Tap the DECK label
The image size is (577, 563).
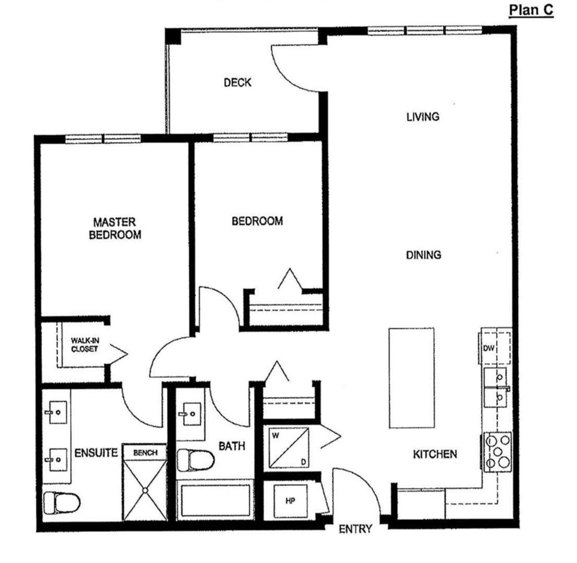(238, 83)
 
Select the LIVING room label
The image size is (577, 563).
(423, 116)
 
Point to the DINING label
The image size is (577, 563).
(423, 255)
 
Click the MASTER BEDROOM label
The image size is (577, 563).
(115, 228)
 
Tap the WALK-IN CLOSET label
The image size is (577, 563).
(85, 345)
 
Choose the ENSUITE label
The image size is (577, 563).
(96, 453)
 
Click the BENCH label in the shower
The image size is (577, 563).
(145, 453)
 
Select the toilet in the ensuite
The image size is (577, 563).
(61, 503)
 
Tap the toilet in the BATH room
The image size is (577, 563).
(195, 460)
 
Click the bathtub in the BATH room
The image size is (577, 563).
(216, 500)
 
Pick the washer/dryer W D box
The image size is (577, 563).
(288, 448)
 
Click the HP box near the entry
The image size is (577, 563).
(290, 501)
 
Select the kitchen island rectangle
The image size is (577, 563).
(411, 378)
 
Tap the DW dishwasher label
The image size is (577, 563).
(489, 348)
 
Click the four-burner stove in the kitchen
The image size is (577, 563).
(498, 451)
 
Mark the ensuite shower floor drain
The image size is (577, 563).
(145, 490)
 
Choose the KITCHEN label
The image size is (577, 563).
(435, 454)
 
